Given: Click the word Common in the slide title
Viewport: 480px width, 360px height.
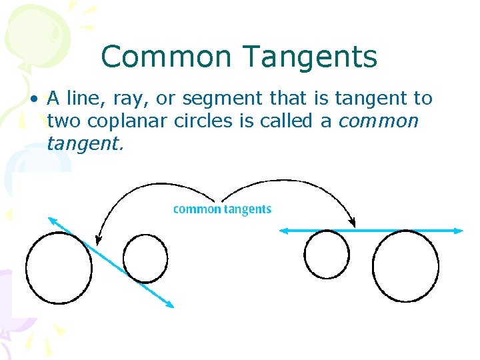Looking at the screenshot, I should point(158,57).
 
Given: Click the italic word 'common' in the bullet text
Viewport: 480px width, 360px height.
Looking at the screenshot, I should point(379,122).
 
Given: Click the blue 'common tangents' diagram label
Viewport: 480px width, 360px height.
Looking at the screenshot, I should point(222,209).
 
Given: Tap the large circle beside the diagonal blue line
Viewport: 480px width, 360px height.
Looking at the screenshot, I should point(58,266).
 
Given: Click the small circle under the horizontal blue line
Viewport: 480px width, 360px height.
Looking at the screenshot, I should point(327,254).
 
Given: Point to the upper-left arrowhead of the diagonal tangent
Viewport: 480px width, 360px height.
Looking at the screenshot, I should point(51,219).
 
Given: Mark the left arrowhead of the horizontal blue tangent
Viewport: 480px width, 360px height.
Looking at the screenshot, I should point(283,231).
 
